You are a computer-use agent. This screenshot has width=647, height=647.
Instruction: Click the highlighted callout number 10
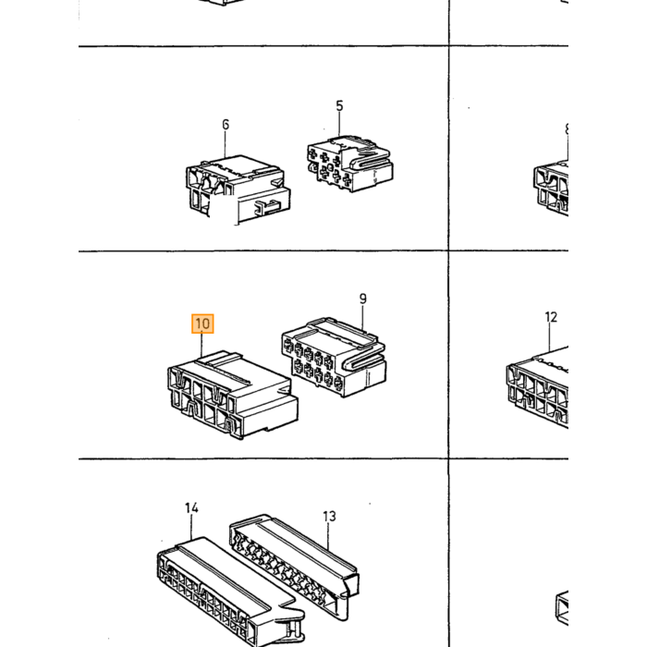202,323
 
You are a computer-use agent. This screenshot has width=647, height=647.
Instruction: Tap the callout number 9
362,299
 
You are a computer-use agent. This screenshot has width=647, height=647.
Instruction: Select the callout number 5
339,105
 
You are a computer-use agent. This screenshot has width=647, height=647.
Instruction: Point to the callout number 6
226,124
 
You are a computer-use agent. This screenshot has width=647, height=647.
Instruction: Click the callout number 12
551,317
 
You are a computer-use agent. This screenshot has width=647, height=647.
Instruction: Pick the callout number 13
329,516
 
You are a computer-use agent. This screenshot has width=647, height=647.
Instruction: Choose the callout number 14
191,508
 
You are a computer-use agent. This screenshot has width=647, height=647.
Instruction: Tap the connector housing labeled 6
238,189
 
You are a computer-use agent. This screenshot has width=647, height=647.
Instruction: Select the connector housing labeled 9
335,357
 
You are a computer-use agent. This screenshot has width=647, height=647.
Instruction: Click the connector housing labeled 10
233,395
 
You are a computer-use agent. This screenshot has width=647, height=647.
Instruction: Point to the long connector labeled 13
294,567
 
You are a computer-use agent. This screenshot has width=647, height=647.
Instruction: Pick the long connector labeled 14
231,592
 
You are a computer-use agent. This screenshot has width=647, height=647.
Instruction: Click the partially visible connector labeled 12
538,388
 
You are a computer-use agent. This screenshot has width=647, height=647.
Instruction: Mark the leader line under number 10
201,346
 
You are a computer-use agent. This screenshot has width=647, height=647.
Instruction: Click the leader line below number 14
191,527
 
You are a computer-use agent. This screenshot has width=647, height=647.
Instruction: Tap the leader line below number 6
226,144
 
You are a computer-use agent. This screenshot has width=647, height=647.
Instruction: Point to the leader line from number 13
329,536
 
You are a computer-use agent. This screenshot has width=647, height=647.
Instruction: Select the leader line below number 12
551,337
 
